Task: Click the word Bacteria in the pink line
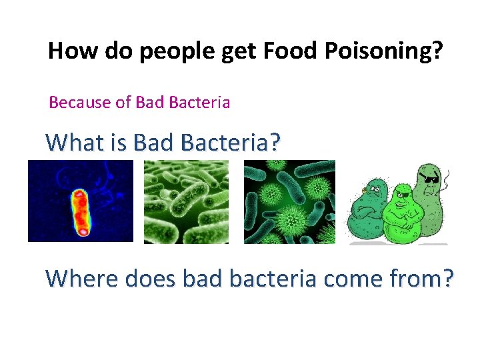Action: [x=199, y=103]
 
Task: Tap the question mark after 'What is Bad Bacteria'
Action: [x=273, y=142]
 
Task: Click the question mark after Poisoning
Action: [x=435, y=51]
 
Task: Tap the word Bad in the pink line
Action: [x=150, y=103]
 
